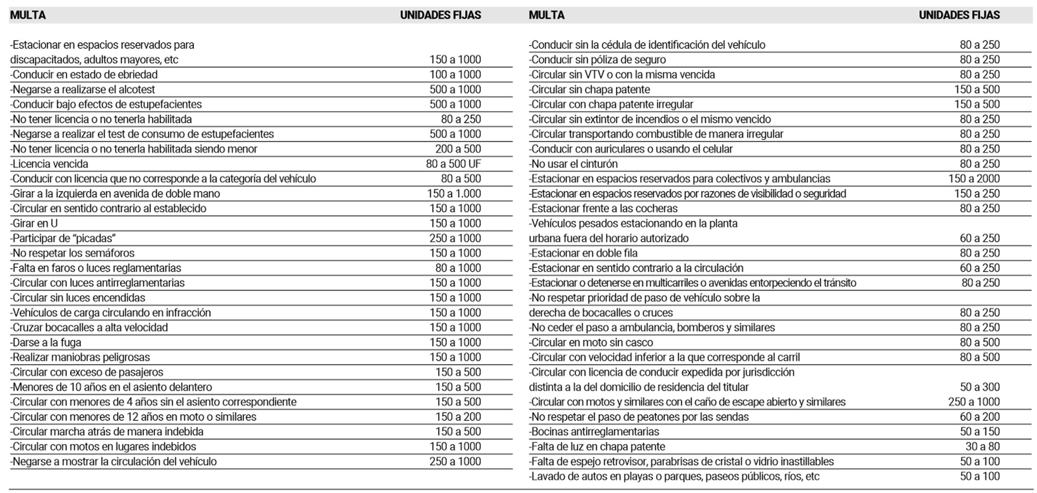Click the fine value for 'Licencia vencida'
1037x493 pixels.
(x=453, y=164)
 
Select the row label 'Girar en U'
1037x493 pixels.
(x=34, y=224)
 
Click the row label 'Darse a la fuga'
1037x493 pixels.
(x=46, y=343)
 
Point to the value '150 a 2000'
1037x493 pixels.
(x=974, y=179)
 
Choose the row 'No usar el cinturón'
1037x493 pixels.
(x=573, y=164)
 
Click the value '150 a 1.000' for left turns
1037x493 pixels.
(x=454, y=194)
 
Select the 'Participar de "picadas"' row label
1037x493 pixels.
(x=63, y=239)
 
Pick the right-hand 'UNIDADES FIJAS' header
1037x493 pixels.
(x=959, y=16)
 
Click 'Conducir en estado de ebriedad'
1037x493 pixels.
(x=84, y=75)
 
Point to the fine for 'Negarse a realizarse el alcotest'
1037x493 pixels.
(x=455, y=90)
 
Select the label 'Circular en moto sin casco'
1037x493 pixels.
(x=591, y=343)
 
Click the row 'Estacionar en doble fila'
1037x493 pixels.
(x=583, y=253)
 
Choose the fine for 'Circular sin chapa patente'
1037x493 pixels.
(x=976, y=90)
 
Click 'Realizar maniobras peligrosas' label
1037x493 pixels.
(x=80, y=358)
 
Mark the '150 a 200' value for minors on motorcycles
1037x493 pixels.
(x=458, y=417)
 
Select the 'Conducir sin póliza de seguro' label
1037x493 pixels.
(x=597, y=60)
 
